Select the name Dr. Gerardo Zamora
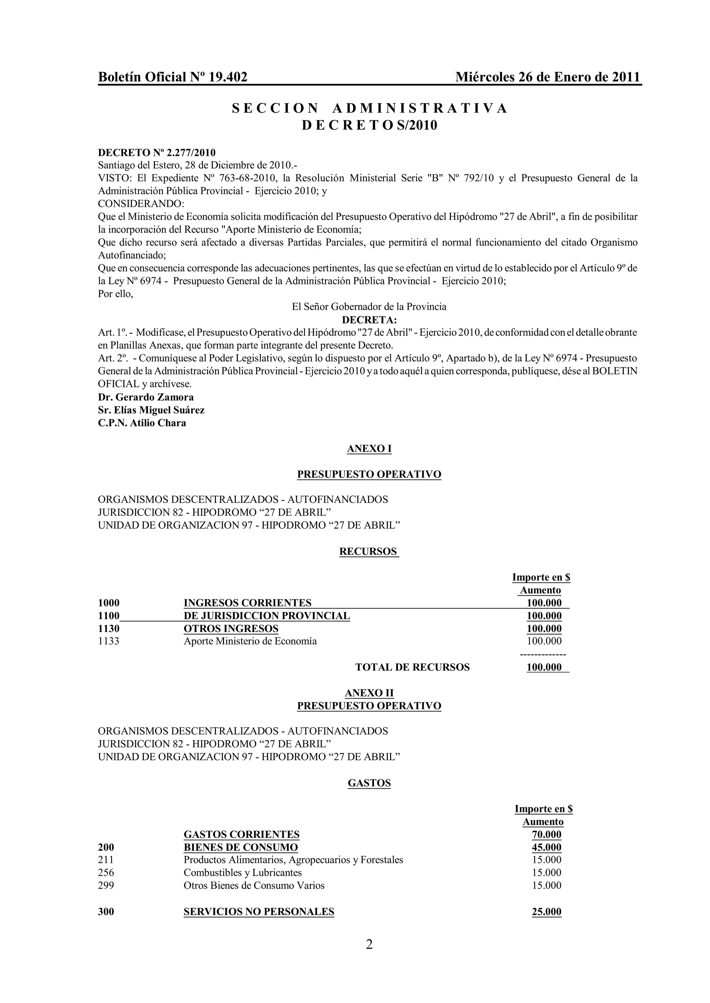146,397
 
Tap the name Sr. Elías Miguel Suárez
151,410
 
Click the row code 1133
109,641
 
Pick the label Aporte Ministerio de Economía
250,641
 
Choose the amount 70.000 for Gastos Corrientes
546,834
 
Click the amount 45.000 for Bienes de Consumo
546,847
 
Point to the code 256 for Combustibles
106,873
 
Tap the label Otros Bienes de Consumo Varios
254,886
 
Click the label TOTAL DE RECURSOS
412,667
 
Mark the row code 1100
109,616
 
